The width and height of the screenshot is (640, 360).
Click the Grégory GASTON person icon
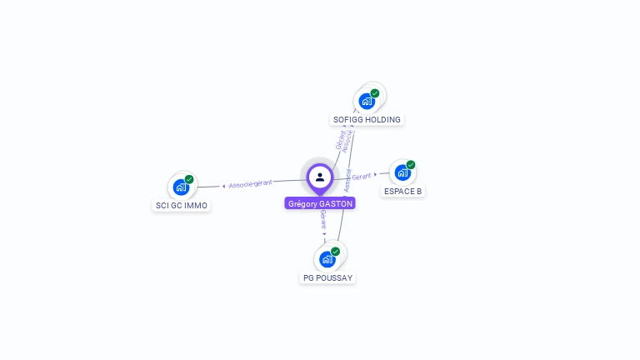click(x=320, y=177)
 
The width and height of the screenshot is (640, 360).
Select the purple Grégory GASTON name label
click(x=320, y=203)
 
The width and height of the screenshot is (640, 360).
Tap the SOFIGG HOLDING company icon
click(x=367, y=101)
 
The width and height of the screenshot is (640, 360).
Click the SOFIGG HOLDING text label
click(x=367, y=120)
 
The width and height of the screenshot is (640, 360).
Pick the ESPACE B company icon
click(x=402, y=172)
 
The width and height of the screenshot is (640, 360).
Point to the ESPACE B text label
click(x=402, y=192)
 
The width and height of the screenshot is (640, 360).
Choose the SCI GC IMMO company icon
click(x=181, y=187)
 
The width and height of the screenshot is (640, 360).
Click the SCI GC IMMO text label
click(x=182, y=206)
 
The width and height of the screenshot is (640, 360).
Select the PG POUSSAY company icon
click(x=327, y=259)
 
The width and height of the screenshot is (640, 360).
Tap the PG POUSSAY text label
click(x=328, y=277)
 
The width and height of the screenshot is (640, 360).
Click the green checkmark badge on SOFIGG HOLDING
click(x=375, y=93)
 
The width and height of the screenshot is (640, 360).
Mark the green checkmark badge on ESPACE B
click(x=411, y=165)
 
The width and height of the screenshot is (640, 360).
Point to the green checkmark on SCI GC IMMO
click(x=189, y=179)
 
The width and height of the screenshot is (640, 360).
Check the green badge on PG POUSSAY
click(x=336, y=251)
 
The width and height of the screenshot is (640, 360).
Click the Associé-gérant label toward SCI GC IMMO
click(x=250, y=183)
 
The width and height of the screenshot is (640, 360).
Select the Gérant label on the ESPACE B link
click(x=362, y=177)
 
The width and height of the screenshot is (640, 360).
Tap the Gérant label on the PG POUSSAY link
click(x=323, y=220)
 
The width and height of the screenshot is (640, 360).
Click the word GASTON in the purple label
click(x=337, y=203)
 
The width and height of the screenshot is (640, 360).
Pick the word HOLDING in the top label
click(x=383, y=120)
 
